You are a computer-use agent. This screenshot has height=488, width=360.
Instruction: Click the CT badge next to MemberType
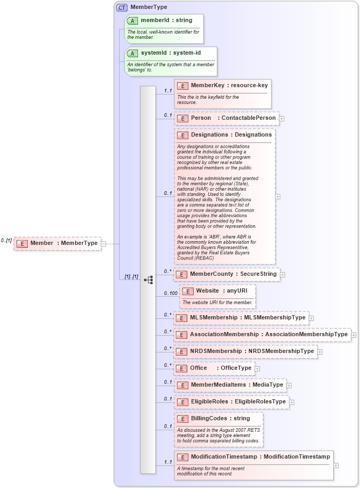coord(122,7)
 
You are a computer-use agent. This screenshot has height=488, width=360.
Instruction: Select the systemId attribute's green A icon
coord(133,53)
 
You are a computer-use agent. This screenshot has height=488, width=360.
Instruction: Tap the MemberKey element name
coord(208,85)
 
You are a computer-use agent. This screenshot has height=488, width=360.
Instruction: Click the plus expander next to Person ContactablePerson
coord(282,119)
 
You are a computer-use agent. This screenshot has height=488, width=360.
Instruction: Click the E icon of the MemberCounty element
coord(181,274)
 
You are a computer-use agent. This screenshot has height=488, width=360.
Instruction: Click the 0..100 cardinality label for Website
coord(170,293)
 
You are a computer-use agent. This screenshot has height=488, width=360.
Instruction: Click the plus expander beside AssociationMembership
coord(354,335)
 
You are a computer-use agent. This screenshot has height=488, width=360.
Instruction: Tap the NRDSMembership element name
coord(216,351)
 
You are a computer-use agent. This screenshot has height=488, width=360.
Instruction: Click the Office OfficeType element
coord(215,368)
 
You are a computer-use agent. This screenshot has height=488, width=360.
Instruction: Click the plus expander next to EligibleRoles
coord(292,402)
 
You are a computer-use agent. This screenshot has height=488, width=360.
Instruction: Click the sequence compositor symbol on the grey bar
coord(148,279)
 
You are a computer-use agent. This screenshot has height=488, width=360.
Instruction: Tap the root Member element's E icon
coord(22,243)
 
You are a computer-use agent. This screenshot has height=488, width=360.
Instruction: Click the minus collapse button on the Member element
coord(103,243)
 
